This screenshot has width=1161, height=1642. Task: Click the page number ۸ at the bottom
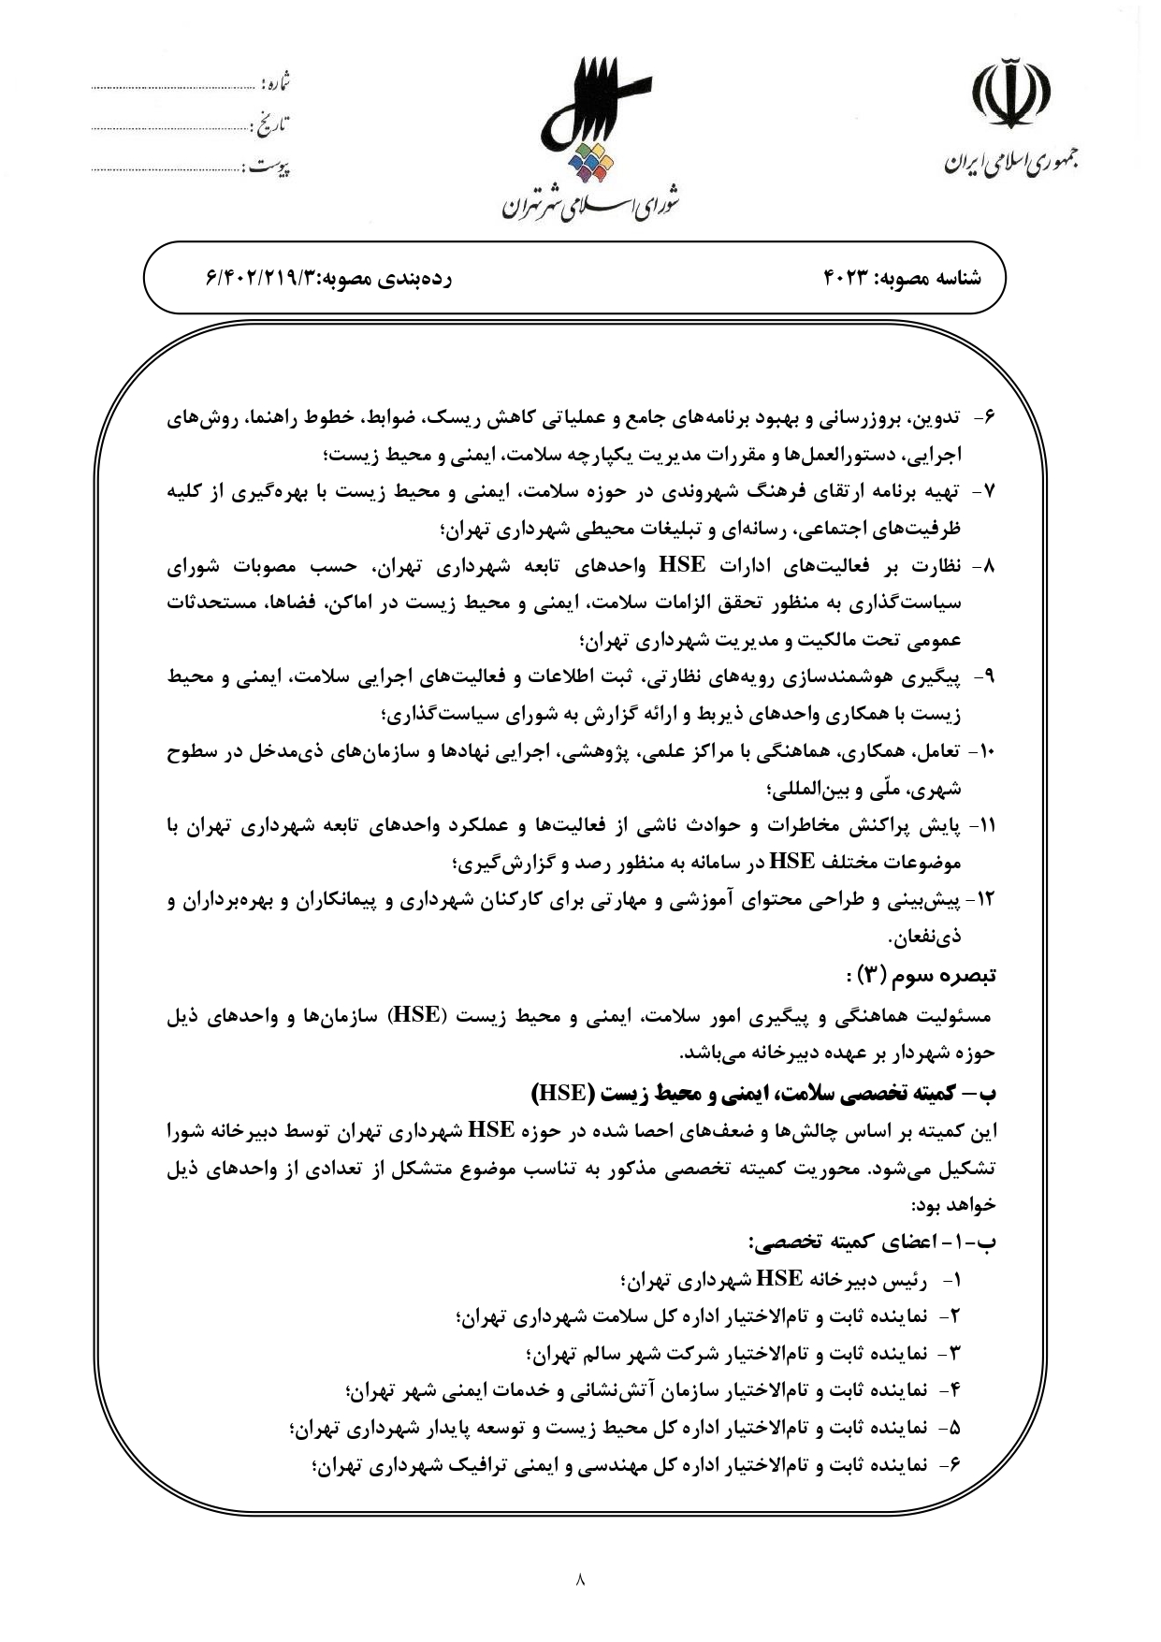580,1580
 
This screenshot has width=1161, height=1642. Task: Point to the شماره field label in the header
278,83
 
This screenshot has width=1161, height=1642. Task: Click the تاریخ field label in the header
272,123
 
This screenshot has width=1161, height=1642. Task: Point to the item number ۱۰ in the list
984,751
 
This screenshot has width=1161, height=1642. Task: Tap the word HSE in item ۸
682,565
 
